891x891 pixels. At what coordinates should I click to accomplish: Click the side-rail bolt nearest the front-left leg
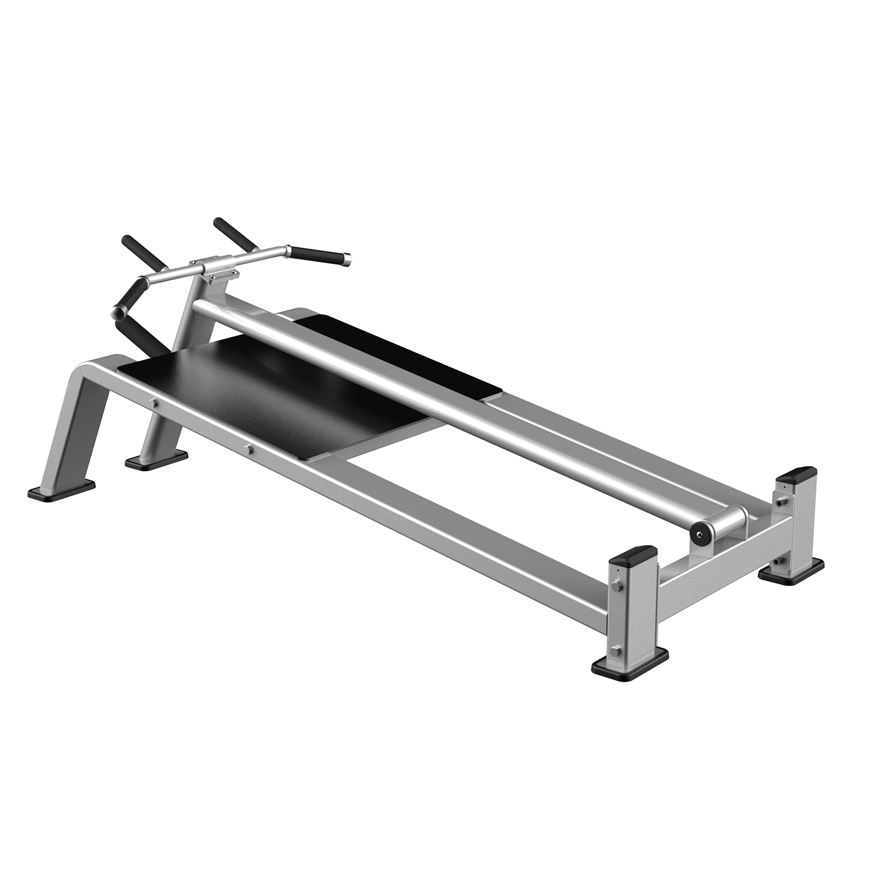pyautogui.click(x=153, y=403)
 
